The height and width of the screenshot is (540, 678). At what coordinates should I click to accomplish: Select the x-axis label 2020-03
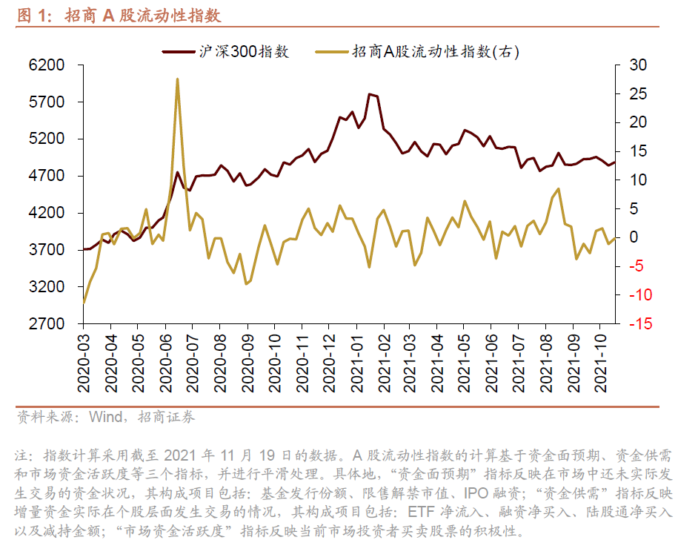click(x=84, y=364)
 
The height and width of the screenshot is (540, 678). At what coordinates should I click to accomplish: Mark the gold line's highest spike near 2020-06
click(x=178, y=79)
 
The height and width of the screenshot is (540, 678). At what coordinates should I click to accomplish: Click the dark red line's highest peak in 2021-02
click(x=369, y=94)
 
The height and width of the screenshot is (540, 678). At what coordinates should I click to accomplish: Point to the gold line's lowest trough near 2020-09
click(x=246, y=283)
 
